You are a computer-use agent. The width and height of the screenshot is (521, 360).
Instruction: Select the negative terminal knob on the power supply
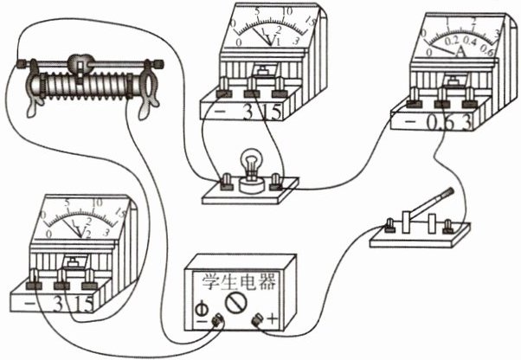[215, 322]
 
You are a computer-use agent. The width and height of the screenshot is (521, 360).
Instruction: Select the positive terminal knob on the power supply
[257, 322]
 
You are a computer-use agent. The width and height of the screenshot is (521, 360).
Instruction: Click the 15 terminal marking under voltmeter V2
[85, 304]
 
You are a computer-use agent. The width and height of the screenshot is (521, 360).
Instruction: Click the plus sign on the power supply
[274, 321]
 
